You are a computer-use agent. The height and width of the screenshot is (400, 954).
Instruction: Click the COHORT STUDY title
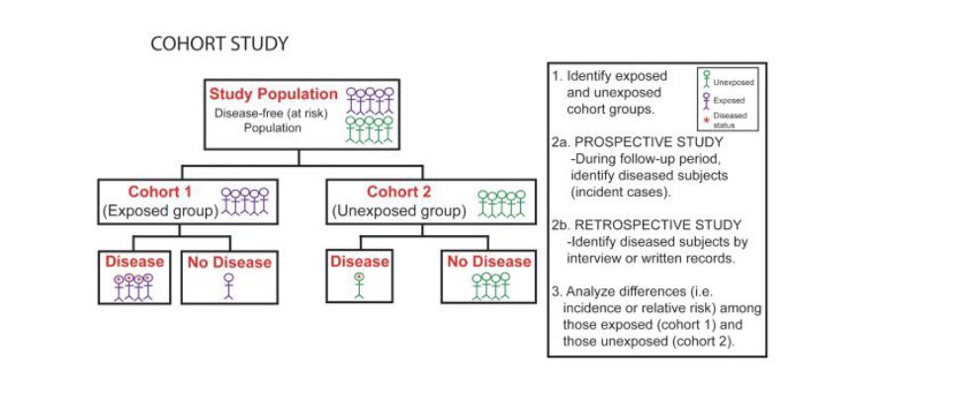[218, 45]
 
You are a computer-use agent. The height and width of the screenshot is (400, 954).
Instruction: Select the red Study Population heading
[273, 95]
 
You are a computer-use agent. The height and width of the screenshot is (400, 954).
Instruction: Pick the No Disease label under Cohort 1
[227, 263]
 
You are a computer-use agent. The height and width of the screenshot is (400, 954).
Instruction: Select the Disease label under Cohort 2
[359, 262]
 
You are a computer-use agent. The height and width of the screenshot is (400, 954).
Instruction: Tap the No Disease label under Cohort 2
[488, 262]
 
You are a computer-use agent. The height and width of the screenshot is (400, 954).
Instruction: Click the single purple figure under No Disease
[229, 285]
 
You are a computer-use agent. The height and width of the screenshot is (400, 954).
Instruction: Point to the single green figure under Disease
[359, 284]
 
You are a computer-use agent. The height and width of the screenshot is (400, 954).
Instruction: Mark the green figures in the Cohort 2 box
[499, 202]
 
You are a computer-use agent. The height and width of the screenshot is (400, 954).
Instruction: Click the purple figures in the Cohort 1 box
[244, 200]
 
